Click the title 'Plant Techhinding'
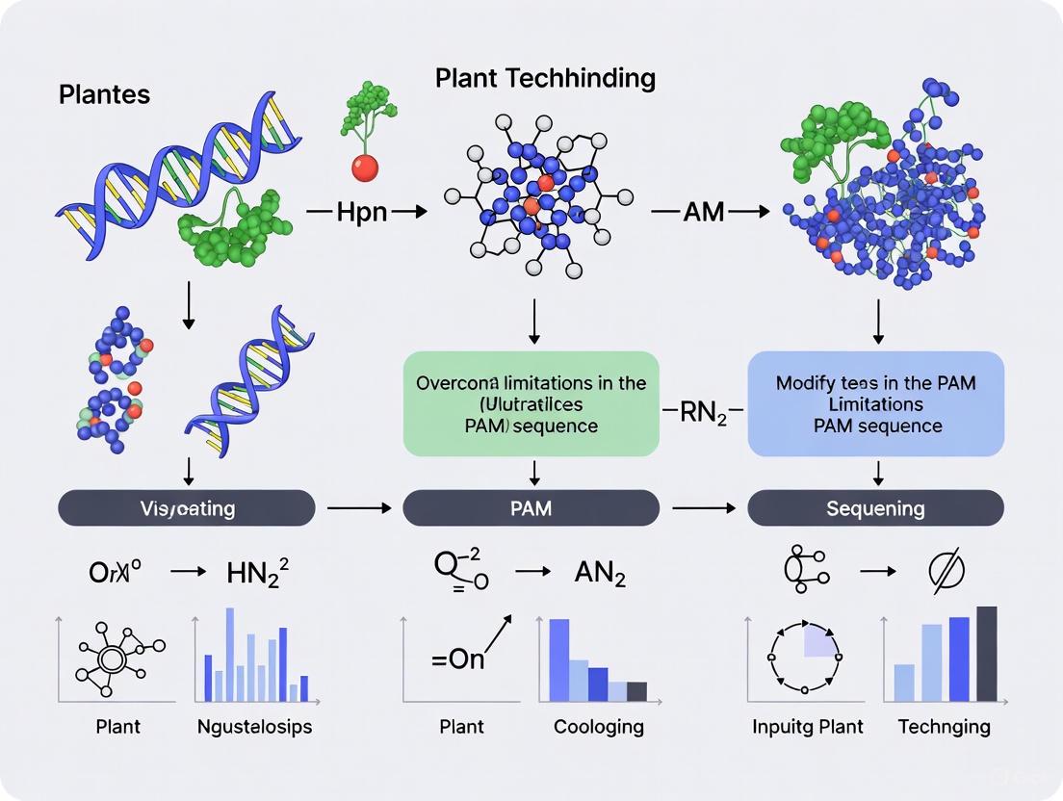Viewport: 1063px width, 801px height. (545, 78)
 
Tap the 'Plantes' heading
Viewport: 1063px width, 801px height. (104, 94)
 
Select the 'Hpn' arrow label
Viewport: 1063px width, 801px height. (362, 212)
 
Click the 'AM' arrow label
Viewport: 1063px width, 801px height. (703, 212)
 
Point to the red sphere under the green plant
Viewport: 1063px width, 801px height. (365, 168)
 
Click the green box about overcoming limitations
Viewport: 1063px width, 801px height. (531, 404)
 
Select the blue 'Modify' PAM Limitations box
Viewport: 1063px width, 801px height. (875, 404)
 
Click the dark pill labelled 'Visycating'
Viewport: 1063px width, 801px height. (187, 507)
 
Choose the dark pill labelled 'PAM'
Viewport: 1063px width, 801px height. (531, 507)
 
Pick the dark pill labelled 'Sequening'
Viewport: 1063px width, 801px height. (875, 507)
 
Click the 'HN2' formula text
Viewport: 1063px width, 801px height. (257, 575)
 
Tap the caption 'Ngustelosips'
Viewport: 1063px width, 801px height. (253, 726)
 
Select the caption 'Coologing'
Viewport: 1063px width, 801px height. (599, 726)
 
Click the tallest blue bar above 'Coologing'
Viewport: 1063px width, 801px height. (559, 659)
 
